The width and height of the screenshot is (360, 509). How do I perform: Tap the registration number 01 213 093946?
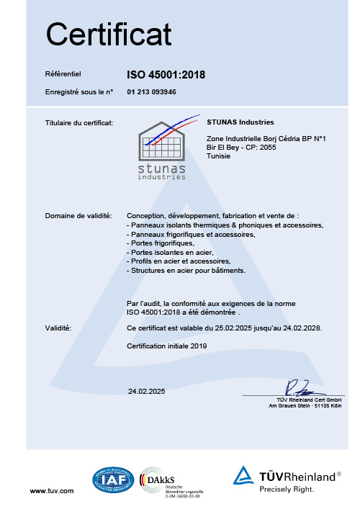click(152, 92)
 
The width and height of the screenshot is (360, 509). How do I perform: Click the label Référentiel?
click(63, 73)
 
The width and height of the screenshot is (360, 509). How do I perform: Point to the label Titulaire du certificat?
click(78, 123)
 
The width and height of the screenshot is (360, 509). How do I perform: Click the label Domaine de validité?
click(78, 216)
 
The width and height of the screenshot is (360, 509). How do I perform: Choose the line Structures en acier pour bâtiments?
click(186, 271)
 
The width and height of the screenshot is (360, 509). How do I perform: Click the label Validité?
click(58, 328)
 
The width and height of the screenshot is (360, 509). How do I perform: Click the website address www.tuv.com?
click(51, 490)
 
